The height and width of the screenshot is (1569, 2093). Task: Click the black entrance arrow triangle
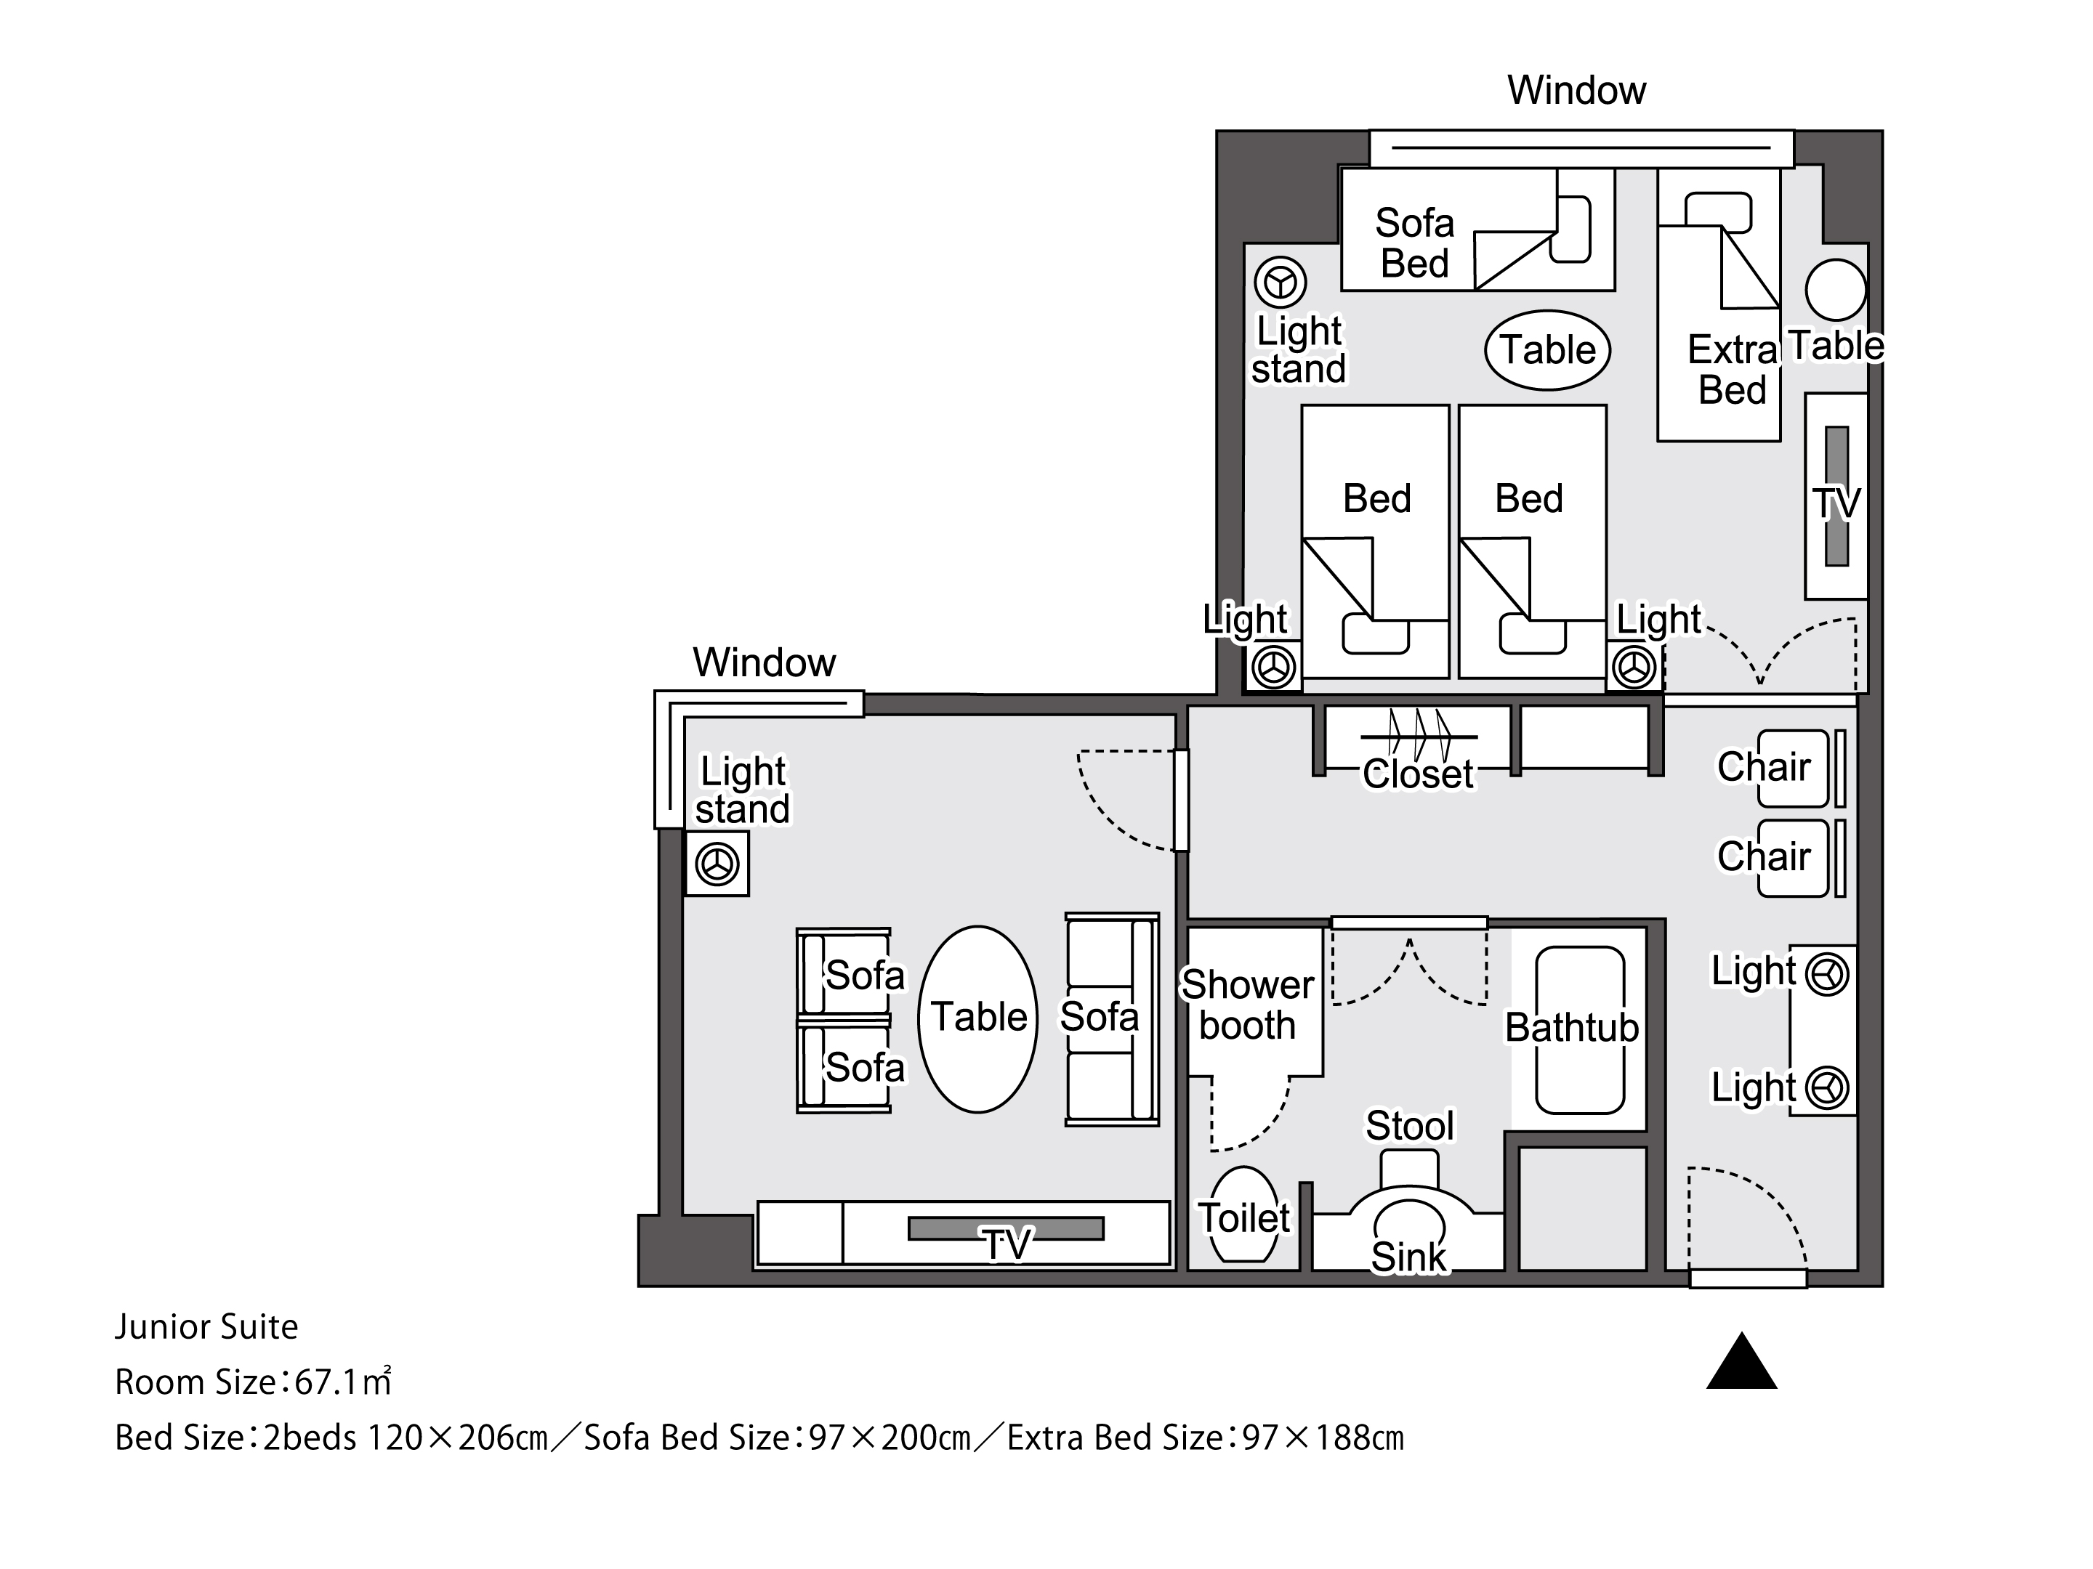click(x=1742, y=1362)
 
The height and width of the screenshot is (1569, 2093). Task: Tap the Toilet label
click(x=1244, y=1218)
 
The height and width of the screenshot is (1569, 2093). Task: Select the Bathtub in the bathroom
click(x=1580, y=1030)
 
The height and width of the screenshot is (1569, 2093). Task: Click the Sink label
click(x=1409, y=1258)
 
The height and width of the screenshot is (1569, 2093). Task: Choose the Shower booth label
click(x=1247, y=1005)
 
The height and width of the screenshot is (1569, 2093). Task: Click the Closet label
click(x=1419, y=774)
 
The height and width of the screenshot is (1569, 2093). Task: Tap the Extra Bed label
click(x=1733, y=370)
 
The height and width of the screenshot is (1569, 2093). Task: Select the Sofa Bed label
click(x=1414, y=243)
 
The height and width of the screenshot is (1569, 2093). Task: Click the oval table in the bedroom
click(x=1548, y=350)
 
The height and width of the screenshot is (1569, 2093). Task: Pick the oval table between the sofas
click(x=978, y=1018)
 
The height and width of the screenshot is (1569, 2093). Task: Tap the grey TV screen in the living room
click(x=1006, y=1228)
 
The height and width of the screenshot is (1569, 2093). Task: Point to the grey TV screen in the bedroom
click(x=1836, y=495)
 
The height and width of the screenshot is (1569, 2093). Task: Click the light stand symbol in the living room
click(x=717, y=864)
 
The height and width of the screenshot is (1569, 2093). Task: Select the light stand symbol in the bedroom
click(x=1281, y=283)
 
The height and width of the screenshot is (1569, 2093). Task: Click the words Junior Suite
click(x=206, y=1327)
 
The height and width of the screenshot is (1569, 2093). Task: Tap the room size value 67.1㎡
click(x=342, y=1382)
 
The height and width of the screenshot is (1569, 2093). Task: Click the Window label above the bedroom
click(x=1576, y=91)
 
